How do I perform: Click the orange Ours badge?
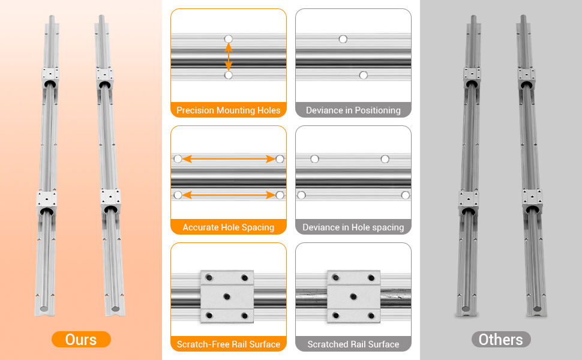(81, 340)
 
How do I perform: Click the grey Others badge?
(501, 340)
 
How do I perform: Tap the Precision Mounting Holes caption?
(228, 110)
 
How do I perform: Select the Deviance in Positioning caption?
(353, 110)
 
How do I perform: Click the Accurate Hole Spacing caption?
(228, 227)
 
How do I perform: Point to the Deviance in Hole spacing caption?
(353, 227)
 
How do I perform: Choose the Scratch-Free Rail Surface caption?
(228, 344)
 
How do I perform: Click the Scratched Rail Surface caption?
(353, 344)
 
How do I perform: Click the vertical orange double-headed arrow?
(229, 57)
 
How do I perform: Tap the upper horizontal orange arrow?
(229, 159)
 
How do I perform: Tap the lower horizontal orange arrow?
(229, 195)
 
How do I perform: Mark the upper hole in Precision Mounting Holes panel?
(229, 38)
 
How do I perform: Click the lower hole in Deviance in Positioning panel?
(364, 76)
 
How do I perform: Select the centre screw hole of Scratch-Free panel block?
(227, 296)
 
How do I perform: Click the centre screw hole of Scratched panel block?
(353, 296)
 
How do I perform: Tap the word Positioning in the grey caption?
(377, 110)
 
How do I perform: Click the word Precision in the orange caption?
(195, 110)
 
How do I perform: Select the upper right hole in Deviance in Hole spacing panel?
(385, 159)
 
